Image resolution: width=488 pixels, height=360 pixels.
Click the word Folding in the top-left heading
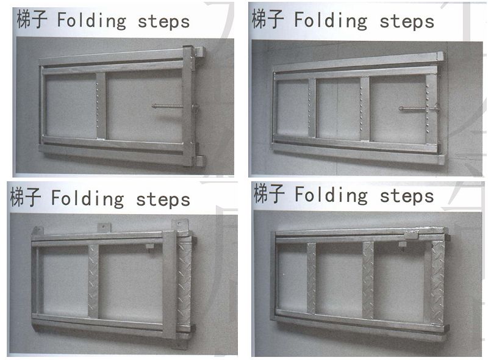[91, 21]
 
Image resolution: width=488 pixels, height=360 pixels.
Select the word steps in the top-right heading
[407, 21]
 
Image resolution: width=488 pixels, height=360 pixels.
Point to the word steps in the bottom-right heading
[407, 196]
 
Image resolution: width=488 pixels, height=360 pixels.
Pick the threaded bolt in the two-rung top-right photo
[412, 109]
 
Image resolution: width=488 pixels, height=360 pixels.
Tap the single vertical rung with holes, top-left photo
[101, 106]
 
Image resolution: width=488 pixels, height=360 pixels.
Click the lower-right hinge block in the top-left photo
[200, 161]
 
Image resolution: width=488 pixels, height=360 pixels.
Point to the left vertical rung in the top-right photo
[312, 108]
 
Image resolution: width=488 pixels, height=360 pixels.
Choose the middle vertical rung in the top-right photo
[365, 109]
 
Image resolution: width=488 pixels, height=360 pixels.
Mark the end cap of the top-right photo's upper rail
[440, 56]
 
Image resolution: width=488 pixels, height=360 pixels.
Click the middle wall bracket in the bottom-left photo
[104, 228]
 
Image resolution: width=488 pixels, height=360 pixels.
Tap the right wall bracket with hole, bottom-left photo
[180, 225]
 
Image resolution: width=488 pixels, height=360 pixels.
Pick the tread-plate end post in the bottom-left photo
[184, 283]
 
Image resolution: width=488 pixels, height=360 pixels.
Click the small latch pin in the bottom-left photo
[149, 247]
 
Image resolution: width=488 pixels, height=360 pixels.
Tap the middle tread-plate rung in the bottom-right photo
[368, 280]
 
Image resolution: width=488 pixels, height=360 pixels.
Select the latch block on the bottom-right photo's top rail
[411, 235]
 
